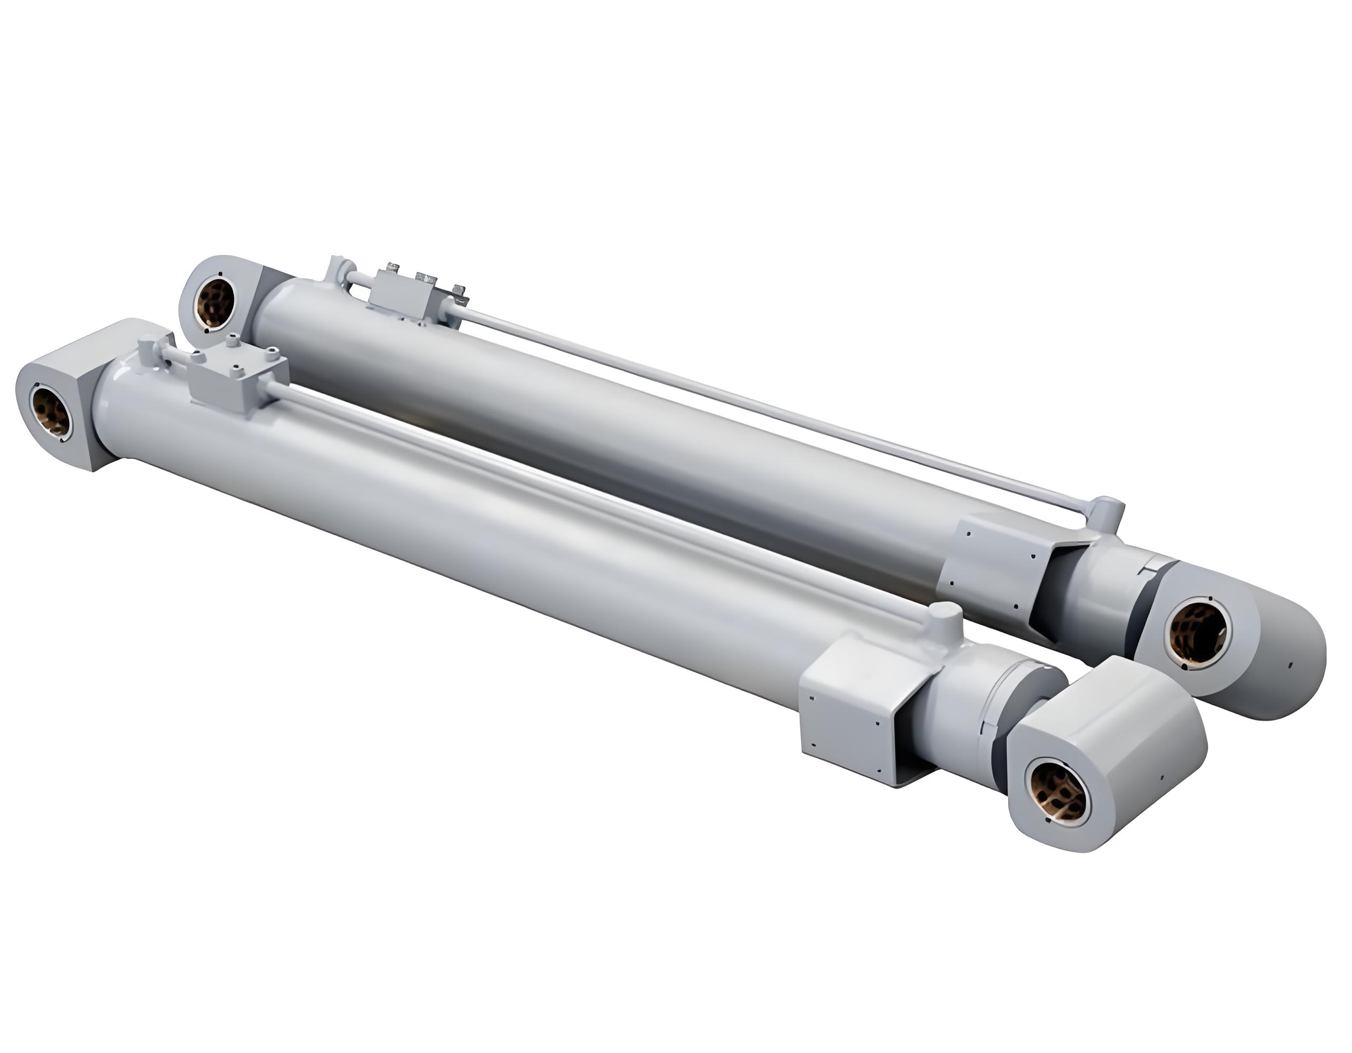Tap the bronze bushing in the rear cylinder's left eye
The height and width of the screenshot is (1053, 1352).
pos(218,303)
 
